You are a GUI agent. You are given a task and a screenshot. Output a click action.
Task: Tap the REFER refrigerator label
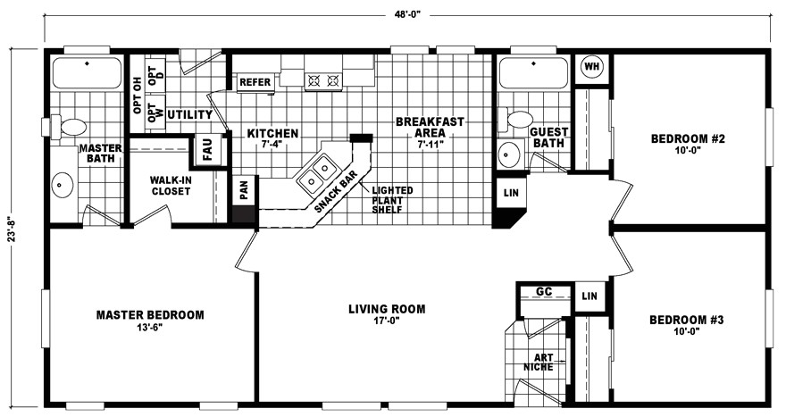pyautogui.click(x=255, y=82)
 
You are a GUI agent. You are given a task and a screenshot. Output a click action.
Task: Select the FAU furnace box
pyautogui.click(x=207, y=147)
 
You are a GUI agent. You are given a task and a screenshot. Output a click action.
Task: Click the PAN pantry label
pyautogui.click(x=243, y=189)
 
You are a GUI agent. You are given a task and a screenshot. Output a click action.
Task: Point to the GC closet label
pyautogui.click(x=544, y=292)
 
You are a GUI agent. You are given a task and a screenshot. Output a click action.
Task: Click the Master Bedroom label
pyautogui.click(x=151, y=315)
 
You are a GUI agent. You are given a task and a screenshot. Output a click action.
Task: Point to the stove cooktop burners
pyautogui.click(x=323, y=80)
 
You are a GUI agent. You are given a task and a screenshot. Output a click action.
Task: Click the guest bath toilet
pyautogui.click(x=517, y=119)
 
